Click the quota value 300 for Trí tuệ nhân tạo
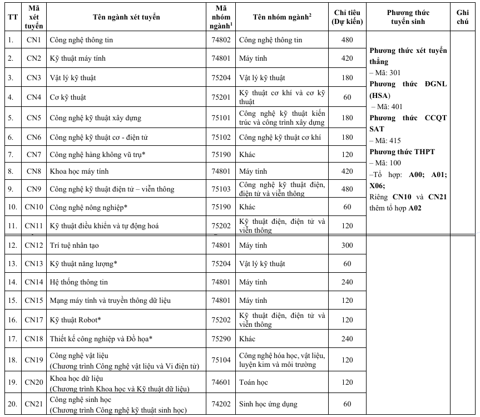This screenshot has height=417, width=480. point(347,246)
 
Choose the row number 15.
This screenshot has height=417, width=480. point(11,301)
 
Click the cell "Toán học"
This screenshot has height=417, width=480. point(253,382)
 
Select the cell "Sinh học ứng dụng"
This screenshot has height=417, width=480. point(268,404)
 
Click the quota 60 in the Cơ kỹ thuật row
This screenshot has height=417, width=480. point(347,97)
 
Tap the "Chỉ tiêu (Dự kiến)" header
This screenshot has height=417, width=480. point(347,17)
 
